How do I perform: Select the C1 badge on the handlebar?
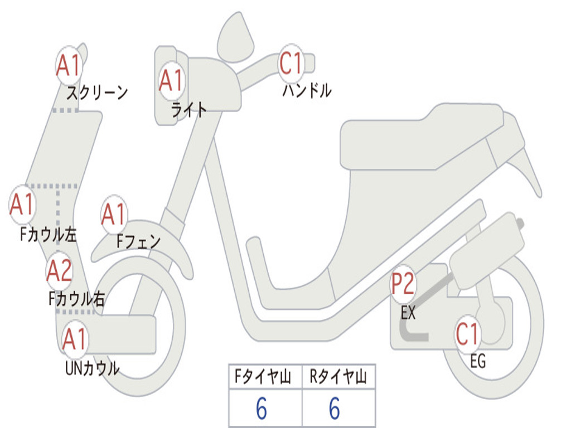pos(291,64)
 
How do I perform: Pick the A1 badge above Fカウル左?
pos(23,205)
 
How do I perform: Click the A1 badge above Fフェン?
pos(114,215)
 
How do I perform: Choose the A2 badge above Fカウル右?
pos(59,271)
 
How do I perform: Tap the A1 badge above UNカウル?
pos(75,338)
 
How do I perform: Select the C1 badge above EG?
pos(468,334)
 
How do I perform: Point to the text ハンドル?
pos(307,90)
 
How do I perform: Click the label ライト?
pos(188,110)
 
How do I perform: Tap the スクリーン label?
pos(97,93)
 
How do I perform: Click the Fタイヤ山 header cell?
pos(265,377)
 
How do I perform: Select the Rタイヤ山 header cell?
pos(338,377)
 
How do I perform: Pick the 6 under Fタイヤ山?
pos(262,409)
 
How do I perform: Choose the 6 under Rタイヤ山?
pos(335,409)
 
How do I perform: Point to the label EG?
pos(478,362)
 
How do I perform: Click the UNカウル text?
pos(92,368)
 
